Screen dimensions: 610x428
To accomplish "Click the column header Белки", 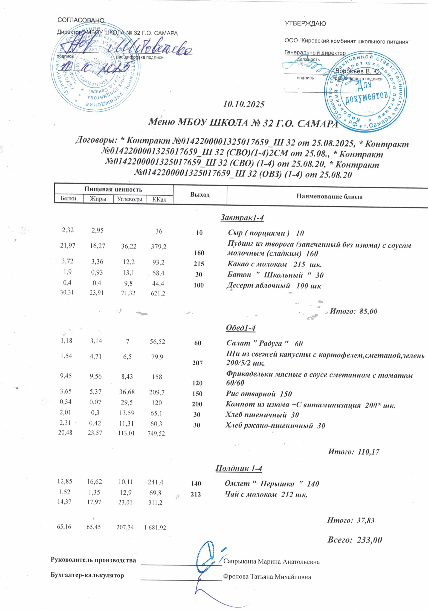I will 68,198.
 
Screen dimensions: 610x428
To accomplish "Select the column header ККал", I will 160,199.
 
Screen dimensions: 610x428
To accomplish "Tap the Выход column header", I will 200,195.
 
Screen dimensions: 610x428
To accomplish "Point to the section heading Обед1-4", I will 240,328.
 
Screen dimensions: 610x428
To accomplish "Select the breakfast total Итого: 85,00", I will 353,311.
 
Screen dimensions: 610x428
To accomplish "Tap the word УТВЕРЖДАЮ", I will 305,24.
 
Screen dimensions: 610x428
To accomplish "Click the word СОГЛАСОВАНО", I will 81,20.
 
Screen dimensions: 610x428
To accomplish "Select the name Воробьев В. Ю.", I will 358,71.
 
